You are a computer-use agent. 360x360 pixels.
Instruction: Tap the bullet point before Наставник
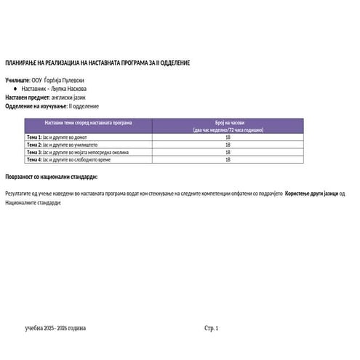coord(16,89)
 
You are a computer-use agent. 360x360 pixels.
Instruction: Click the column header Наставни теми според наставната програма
coord(88,124)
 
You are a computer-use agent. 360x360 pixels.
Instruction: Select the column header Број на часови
coord(228,124)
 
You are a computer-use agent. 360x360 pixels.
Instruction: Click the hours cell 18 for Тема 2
coord(228,145)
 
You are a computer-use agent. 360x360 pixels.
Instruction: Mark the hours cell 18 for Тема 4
coord(228,160)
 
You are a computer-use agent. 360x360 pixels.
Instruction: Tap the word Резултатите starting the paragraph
coord(19,194)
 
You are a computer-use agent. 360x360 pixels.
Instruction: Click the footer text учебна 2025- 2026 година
coord(55,329)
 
